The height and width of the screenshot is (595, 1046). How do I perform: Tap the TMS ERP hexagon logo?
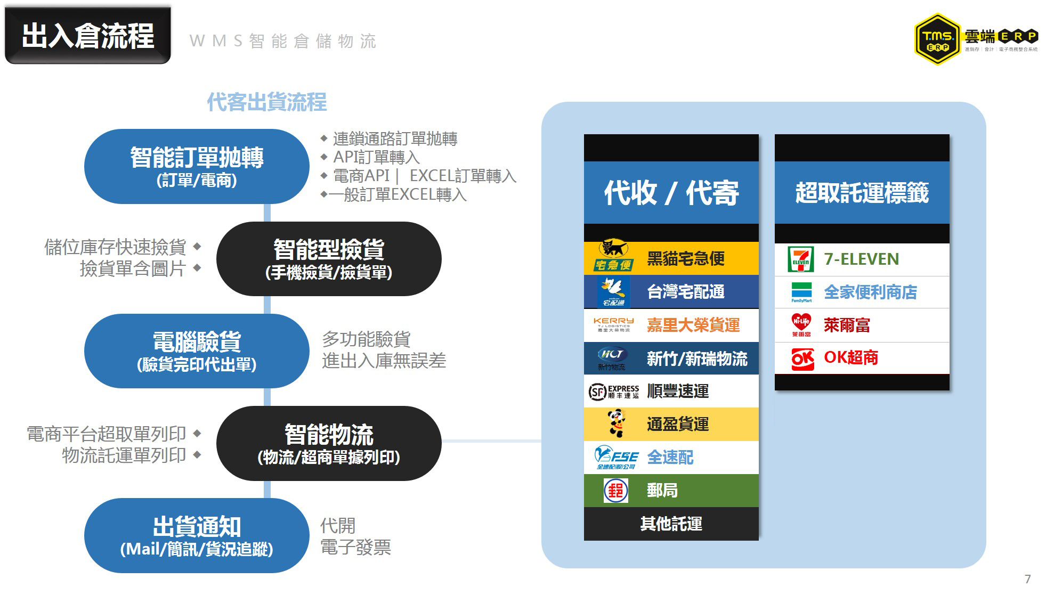(x=937, y=39)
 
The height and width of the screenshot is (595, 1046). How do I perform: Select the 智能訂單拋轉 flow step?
(x=197, y=166)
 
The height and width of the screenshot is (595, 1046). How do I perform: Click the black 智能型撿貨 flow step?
(x=329, y=259)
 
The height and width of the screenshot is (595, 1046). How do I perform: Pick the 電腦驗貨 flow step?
(x=197, y=351)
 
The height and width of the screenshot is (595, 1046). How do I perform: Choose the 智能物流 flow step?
(x=329, y=443)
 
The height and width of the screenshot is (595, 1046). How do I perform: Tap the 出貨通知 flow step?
(x=197, y=535)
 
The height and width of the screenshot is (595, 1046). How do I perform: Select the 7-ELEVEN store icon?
(x=801, y=259)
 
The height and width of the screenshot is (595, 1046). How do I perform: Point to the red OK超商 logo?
(x=802, y=358)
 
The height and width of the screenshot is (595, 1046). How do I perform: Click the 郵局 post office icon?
(x=615, y=491)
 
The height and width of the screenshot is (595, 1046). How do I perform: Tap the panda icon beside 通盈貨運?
(x=617, y=423)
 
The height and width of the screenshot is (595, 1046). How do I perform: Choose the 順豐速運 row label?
(x=678, y=392)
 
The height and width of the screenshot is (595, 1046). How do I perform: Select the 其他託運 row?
(x=671, y=524)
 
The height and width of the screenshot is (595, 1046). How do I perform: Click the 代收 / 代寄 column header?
(x=671, y=192)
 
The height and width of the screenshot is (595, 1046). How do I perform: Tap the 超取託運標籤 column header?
(x=862, y=192)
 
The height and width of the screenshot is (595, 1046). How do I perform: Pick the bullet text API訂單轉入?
(x=376, y=157)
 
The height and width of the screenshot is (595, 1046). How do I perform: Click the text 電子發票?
(x=355, y=547)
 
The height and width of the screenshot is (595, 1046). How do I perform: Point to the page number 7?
(x=1027, y=579)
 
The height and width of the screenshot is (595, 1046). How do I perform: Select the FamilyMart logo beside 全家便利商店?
(x=801, y=292)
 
